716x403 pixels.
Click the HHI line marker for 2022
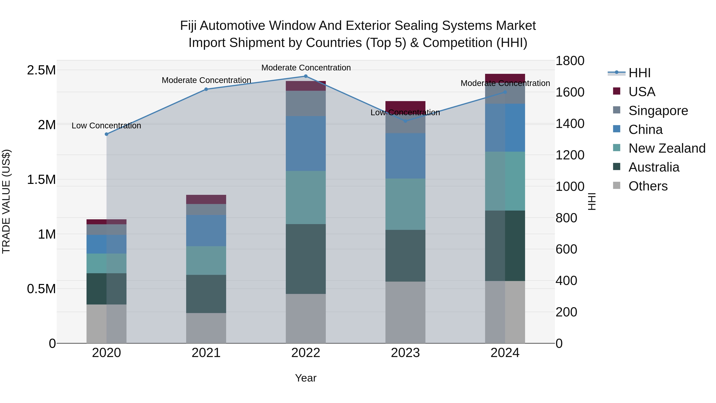pyautogui.click(x=305, y=76)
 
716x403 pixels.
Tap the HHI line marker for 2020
pyautogui.click(x=106, y=134)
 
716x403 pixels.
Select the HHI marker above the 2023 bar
pyautogui.click(x=405, y=121)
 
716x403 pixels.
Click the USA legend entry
pyautogui.click(x=641, y=92)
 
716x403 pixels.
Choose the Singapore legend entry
pyautogui.click(x=658, y=111)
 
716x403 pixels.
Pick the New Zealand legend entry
pyautogui.click(x=666, y=148)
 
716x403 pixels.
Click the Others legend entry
pyautogui.click(x=648, y=186)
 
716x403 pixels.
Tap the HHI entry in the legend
pyautogui.click(x=639, y=73)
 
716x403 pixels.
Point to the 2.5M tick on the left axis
pyautogui.click(x=41, y=70)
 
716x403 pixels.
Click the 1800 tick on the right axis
pyautogui.click(x=570, y=61)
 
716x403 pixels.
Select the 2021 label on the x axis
pyautogui.click(x=206, y=353)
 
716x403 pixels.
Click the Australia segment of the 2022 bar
pyautogui.click(x=305, y=259)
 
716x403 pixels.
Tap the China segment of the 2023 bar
pyautogui.click(x=405, y=156)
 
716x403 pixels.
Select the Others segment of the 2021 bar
pyautogui.click(x=206, y=328)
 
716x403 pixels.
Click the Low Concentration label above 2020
pyautogui.click(x=106, y=126)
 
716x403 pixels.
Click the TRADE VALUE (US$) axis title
pyautogui.click(x=6, y=201)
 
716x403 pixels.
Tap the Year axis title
pyautogui.click(x=305, y=378)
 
